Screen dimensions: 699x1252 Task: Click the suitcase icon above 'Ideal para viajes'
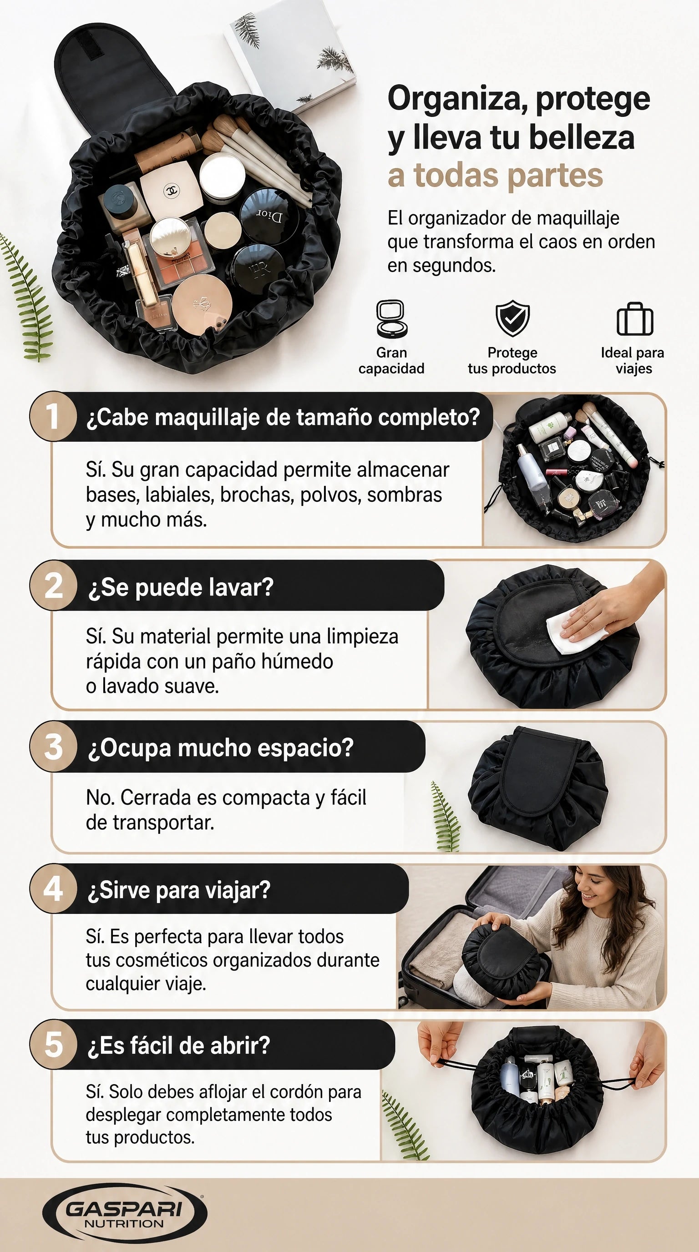(x=635, y=319)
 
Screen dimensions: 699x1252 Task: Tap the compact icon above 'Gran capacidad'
(x=391, y=318)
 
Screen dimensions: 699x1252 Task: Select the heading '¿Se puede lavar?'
(x=180, y=587)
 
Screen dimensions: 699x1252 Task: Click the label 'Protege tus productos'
(x=512, y=360)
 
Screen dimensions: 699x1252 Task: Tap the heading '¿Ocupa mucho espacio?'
(x=220, y=747)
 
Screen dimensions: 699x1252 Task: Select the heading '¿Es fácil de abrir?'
(x=178, y=1045)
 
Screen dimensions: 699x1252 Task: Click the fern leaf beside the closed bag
(x=445, y=817)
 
